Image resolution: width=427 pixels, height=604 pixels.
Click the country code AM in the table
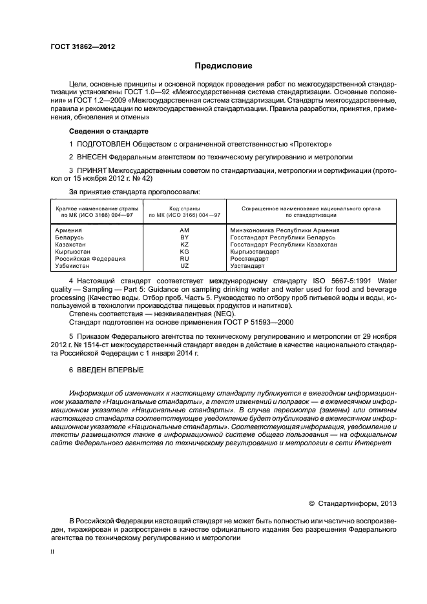click(184, 230)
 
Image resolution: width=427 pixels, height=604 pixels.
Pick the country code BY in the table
click(184, 237)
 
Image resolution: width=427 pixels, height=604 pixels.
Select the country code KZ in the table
click(184, 245)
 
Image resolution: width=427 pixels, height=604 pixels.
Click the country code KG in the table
click(184, 252)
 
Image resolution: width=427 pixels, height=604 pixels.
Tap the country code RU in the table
click(184, 259)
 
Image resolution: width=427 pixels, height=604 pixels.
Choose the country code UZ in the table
click(184, 266)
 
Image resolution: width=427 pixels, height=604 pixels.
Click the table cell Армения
click(68, 230)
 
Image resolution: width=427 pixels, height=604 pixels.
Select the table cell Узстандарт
click(247, 266)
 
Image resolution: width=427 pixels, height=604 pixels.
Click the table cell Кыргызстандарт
click(255, 252)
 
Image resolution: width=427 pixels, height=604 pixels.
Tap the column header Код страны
click(184, 208)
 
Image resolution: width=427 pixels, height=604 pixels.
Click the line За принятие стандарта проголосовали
click(134, 192)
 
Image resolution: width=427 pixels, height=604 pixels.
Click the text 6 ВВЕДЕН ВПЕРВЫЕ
click(107, 370)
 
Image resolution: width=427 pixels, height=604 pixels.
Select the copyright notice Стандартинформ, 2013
click(352, 503)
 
